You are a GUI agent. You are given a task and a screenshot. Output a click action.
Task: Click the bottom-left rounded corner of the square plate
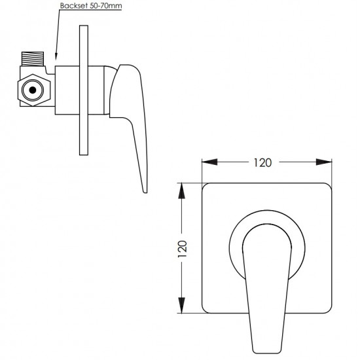tap(207, 311)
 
